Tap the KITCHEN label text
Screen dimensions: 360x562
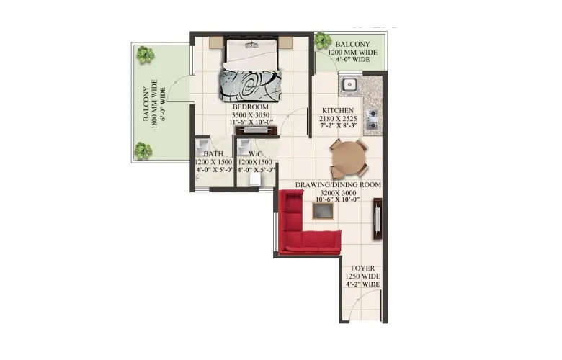pos(336,110)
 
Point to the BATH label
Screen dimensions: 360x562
pos(213,154)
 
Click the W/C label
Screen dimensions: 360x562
pos(255,154)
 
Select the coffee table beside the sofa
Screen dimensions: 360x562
pos(322,210)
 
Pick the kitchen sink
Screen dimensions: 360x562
pos(350,85)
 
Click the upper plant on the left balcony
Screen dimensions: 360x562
pos(146,55)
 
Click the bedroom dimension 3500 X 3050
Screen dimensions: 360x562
pos(251,114)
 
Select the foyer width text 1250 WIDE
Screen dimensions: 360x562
pos(361,276)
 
